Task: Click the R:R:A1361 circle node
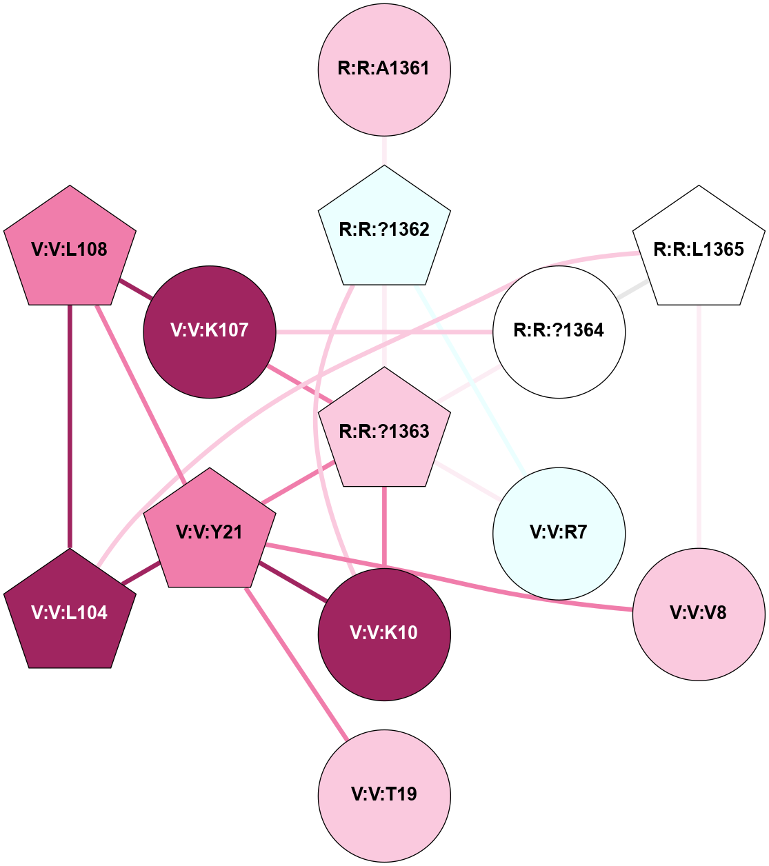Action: [x=384, y=69]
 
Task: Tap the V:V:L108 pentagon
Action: [x=70, y=249]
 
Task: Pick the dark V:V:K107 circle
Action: [x=209, y=331]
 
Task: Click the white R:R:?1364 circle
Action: [x=559, y=331]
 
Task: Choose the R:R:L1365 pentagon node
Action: [x=699, y=249]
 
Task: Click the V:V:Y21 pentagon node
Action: [x=209, y=532]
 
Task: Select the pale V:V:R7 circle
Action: [x=559, y=532]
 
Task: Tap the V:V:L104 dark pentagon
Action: [x=70, y=612]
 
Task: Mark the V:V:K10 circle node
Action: [x=384, y=634]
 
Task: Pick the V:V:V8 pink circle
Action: [x=699, y=613]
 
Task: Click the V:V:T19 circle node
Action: [x=384, y=794]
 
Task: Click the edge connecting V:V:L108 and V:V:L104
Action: [x=70, y=427]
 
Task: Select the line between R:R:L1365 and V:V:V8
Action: [x=699, y=427]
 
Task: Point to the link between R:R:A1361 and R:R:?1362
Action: [x=384, y=151]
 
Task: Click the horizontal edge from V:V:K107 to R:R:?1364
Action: [x=384, y=332]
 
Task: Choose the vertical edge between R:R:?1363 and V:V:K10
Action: [x=384, y=527]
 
